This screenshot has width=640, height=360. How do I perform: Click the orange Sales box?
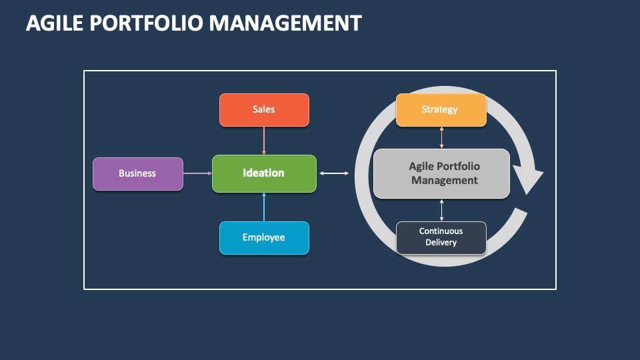(264, 109)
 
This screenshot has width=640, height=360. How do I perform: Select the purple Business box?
(137, 173)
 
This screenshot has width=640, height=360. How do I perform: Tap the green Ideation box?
(264, 173)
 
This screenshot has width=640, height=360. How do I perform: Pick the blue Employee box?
(264, 237)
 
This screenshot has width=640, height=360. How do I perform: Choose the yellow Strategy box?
(440, 109)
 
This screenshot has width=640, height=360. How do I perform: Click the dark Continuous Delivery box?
(441, 237)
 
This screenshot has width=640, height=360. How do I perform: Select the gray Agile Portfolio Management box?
(441, 173)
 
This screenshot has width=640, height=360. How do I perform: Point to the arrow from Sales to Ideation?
(264, 140)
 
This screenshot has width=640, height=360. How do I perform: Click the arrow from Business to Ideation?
(197, 173)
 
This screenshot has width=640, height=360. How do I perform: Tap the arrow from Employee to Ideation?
(264, 207)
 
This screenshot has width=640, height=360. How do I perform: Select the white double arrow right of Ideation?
(334, 173)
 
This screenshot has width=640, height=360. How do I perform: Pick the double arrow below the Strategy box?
(441, 137)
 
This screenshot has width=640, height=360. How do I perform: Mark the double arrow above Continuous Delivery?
(441, 209)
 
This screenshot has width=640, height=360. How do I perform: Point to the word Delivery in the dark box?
(441, 243)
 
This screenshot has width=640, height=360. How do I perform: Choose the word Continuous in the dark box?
(441, 231)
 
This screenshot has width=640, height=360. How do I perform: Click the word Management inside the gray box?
(445, 180)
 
